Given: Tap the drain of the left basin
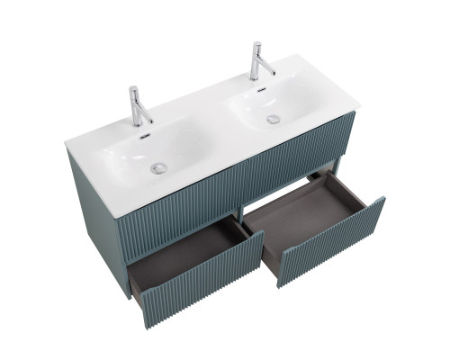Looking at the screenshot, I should click(x=160, y=167).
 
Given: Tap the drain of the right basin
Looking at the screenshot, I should click(x=273, y=119).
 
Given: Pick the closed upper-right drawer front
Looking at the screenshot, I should click(x=288, y=162).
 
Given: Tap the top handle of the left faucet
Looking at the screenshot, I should click(x=132, y=91).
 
